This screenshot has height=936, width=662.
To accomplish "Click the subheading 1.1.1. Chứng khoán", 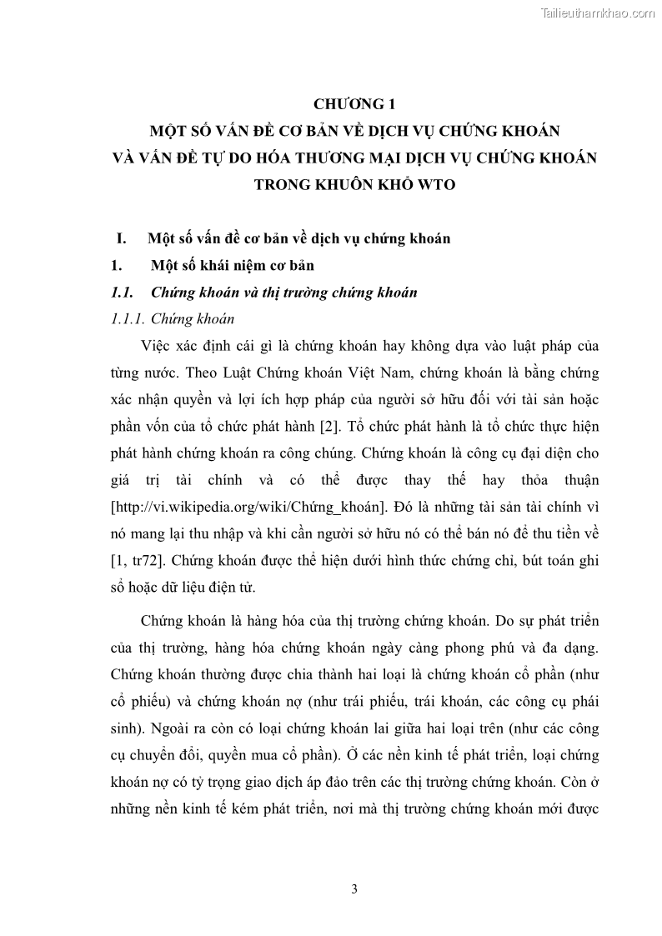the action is point(173,318).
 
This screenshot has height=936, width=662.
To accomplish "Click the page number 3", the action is point(354,888).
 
